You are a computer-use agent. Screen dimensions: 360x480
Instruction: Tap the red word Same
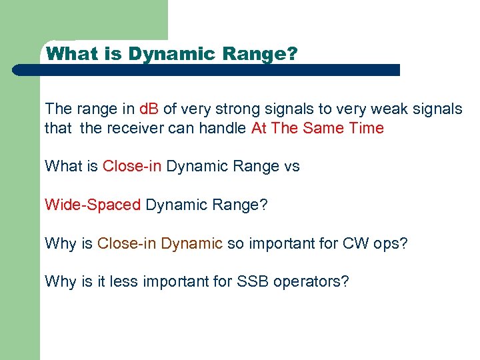[325, 128]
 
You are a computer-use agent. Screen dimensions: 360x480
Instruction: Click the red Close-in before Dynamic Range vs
[132, 166]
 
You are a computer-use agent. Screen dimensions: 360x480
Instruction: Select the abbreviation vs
[292, 166]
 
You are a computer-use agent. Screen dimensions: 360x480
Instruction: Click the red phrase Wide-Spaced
[93, 205]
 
